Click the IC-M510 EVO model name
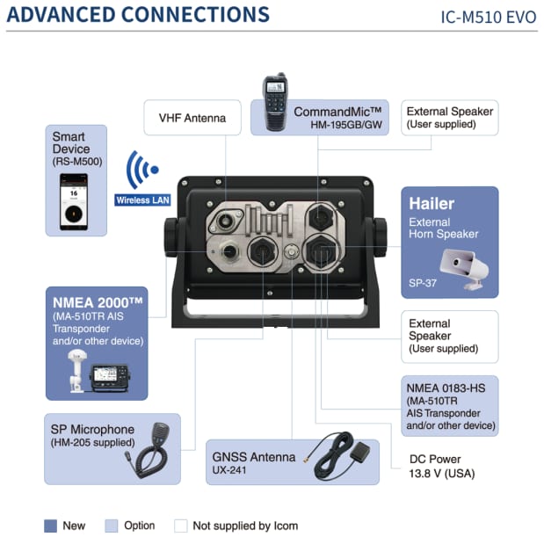coord(488,17)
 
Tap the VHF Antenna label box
coord(192,118)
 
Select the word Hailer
coord(432,204)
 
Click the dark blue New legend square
coord(50,526)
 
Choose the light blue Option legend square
coord(111,526)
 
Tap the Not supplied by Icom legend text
coord(245,526)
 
